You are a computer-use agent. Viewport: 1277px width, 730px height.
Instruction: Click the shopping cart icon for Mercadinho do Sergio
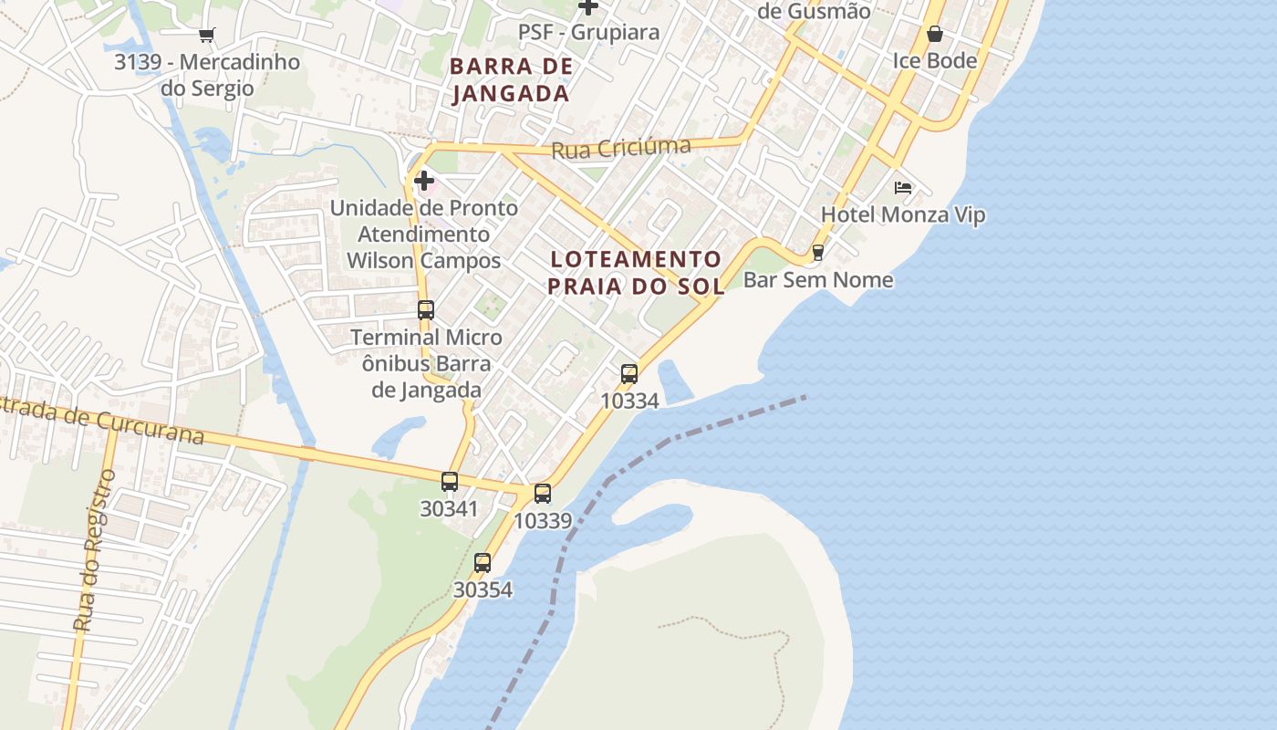click(x=207, y=36)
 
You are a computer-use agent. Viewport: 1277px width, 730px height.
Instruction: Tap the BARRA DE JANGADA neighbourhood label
click(x=512, y=79)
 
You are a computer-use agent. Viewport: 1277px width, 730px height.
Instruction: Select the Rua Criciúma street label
click(x=621, y=147)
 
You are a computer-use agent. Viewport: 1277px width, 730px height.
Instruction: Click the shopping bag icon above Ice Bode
click(x=935, y=35)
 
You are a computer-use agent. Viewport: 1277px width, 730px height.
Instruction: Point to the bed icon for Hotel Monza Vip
click(x=903, y=189)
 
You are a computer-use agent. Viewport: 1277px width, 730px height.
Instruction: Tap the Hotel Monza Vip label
click(x=903, y=215)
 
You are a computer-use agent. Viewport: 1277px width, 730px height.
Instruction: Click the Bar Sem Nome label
click(x=818, y=279)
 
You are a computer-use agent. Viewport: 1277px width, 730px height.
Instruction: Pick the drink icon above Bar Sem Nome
click(x=818, y=253)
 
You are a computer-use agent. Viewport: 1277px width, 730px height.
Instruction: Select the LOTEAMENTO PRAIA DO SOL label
click(x=636, y=272)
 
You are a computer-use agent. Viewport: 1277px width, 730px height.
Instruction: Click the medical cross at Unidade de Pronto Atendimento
click(x=424, y=181)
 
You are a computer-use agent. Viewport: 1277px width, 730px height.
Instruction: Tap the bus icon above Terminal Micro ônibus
click(x=426, y=310)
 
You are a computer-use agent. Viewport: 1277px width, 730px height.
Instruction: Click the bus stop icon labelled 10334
click(x=629, y=373)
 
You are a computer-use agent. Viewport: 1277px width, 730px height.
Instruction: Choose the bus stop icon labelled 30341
click(x=450, y=482)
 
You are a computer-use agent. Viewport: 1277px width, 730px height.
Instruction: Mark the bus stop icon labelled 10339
click(x=543, y=494)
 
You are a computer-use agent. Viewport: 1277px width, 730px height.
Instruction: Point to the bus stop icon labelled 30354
click(x=483, y=563)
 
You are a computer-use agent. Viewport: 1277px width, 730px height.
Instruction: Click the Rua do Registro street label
click(x=95, y=550)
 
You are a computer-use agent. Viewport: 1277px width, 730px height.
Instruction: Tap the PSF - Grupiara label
click(x=588, y=33)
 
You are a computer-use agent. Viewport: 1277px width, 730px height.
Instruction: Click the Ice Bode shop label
click(x=935, y=61)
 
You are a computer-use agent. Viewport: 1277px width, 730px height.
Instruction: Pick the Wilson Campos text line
click(x=424, y=260)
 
